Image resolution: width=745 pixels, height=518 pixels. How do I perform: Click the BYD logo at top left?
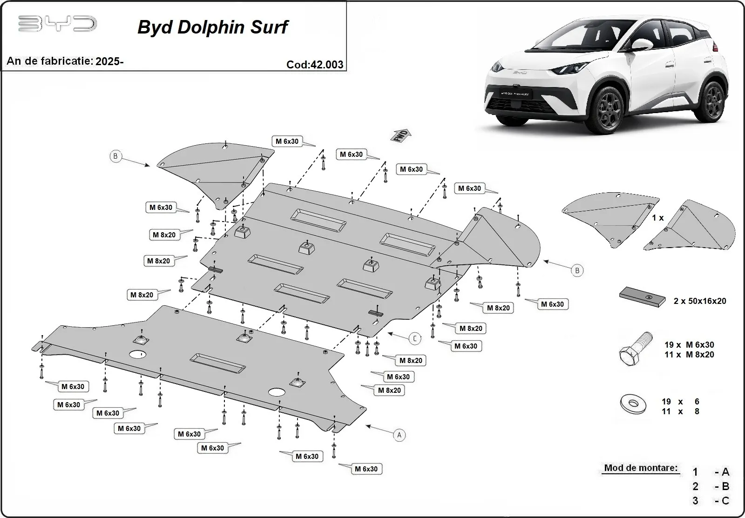[x=57, y=24]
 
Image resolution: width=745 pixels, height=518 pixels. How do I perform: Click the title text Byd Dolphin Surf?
[x=213, y=27]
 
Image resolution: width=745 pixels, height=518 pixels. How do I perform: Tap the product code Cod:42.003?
[x=315, y=65]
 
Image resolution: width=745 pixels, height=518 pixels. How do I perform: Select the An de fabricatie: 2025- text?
[x=65, y=61]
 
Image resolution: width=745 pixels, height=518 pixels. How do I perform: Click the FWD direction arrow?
[x=401, y=135]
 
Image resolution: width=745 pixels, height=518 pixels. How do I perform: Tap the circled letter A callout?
[x=399, y=435]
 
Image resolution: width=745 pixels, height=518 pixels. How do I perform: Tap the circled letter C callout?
[x=415, y=339]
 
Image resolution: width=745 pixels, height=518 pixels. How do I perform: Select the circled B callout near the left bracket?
[x=115, y=156]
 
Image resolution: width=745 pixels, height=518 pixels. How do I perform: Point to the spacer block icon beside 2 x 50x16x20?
[x=642, y=297]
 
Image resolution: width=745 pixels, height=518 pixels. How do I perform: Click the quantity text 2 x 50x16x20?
[x=699, y=301]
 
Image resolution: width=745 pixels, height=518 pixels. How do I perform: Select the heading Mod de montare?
[x=641, y=468]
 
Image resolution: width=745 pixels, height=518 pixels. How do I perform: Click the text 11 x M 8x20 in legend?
[x=689, y=355]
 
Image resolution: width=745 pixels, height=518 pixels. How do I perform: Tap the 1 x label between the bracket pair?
[x=657, y=218]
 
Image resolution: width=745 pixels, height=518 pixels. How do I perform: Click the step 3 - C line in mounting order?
[x=710, y=501]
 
